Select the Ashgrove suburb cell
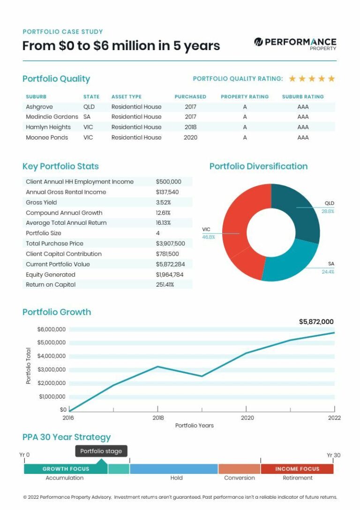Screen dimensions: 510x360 [x=39, y=107]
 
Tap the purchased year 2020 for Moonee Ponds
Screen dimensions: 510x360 [x=190, y=138]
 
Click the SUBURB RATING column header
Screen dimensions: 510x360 [x=303, y=96]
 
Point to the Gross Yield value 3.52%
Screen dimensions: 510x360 [x=163, y=202]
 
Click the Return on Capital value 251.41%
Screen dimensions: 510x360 [x=165, y=285]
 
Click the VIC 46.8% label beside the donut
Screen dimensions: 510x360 [x=209, y=233]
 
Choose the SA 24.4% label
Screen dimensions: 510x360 [x=328, y=267]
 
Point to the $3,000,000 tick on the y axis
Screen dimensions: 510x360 [x=52, y=370]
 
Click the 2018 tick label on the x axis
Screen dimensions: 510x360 [x=158, y=418]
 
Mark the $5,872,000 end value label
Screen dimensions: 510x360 [x=316, y=322]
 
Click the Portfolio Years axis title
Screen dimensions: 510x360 [x=194, y=426]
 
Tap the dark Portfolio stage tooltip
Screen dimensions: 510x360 [x=101, y=451]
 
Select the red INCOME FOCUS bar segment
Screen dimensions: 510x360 [x=297, y=469]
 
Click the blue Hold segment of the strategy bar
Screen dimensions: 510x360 [x=173, y=469]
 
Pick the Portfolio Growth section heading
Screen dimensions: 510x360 [x=57, y=312]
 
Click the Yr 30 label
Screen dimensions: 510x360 [x=333, y=455]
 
